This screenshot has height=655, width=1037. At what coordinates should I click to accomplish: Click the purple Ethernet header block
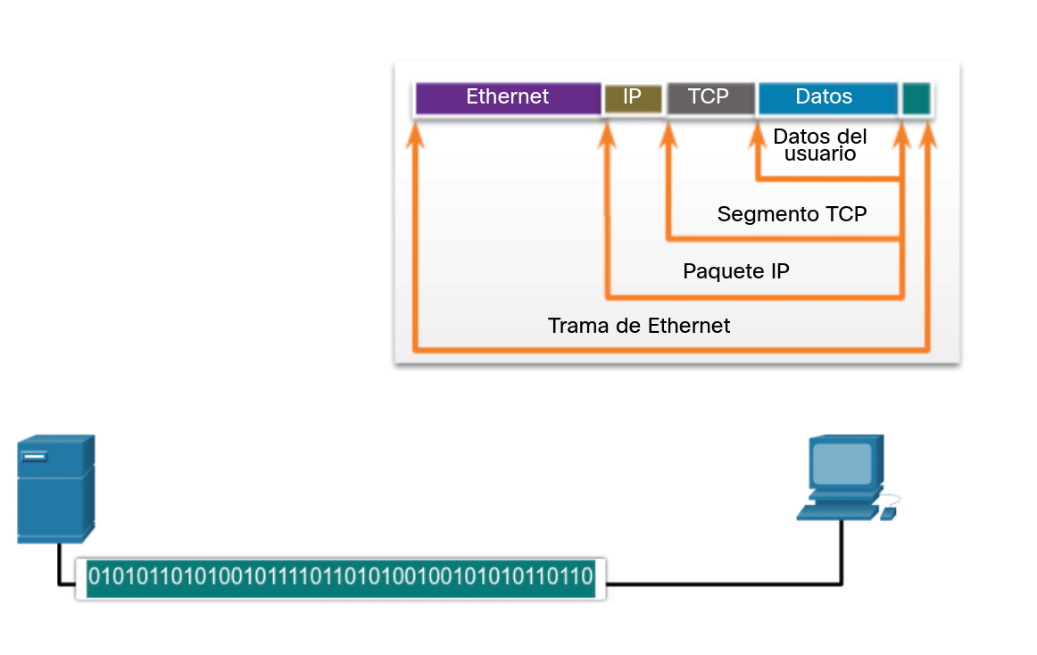[x=508, y=97]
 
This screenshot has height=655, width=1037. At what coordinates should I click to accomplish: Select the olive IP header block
[x=633, y=97]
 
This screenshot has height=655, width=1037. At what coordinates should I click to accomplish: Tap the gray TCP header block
[x=709, y=97]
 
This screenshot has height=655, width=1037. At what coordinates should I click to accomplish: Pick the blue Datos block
[x=826, y=97]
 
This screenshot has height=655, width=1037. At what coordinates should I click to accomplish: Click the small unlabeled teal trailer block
[x=916, y=97]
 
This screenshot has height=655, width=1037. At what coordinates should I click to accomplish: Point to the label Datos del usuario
[x=820, y=145]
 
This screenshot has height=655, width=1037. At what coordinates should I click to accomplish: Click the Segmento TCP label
[x=792, y=214]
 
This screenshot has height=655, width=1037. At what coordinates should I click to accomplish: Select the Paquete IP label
[x=735, y=271]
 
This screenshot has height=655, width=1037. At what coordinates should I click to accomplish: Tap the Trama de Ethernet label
[x=639, y=327]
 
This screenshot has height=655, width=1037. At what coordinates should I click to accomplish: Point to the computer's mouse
[x=888, y=514]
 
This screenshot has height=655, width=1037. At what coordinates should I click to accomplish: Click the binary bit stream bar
[x=340, y=578]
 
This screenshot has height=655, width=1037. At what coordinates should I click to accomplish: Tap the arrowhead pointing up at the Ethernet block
[x=414, y=133]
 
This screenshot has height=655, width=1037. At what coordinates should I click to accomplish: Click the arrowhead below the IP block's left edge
[x=608, y=133]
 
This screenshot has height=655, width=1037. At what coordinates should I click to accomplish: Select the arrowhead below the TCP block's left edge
[x=668, y=133]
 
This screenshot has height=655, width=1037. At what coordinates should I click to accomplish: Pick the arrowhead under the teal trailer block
[x=928, y=133]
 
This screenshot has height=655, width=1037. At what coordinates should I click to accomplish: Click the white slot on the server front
[x=36, y=458]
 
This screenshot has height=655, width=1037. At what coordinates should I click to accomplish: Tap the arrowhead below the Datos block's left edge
[x=758, y=133]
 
